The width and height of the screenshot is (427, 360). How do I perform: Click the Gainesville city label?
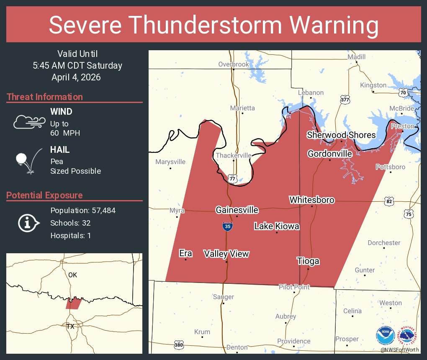237,210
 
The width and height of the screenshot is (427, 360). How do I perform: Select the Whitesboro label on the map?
312,200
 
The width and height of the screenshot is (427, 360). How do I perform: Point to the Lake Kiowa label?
277,226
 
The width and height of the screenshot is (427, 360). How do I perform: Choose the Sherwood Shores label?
341,135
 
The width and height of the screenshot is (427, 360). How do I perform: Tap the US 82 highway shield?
390,202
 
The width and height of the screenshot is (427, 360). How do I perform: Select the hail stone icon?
22,159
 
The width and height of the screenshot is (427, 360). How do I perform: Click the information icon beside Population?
28,223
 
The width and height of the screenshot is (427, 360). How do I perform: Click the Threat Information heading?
45,97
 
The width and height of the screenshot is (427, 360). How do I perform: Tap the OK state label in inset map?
73,275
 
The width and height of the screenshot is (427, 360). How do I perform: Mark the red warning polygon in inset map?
73,303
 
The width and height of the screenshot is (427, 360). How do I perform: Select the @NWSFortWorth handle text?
399,350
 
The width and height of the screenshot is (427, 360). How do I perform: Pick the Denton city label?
237,347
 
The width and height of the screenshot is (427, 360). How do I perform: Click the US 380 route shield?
179,345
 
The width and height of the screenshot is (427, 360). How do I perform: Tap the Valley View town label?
226,254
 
